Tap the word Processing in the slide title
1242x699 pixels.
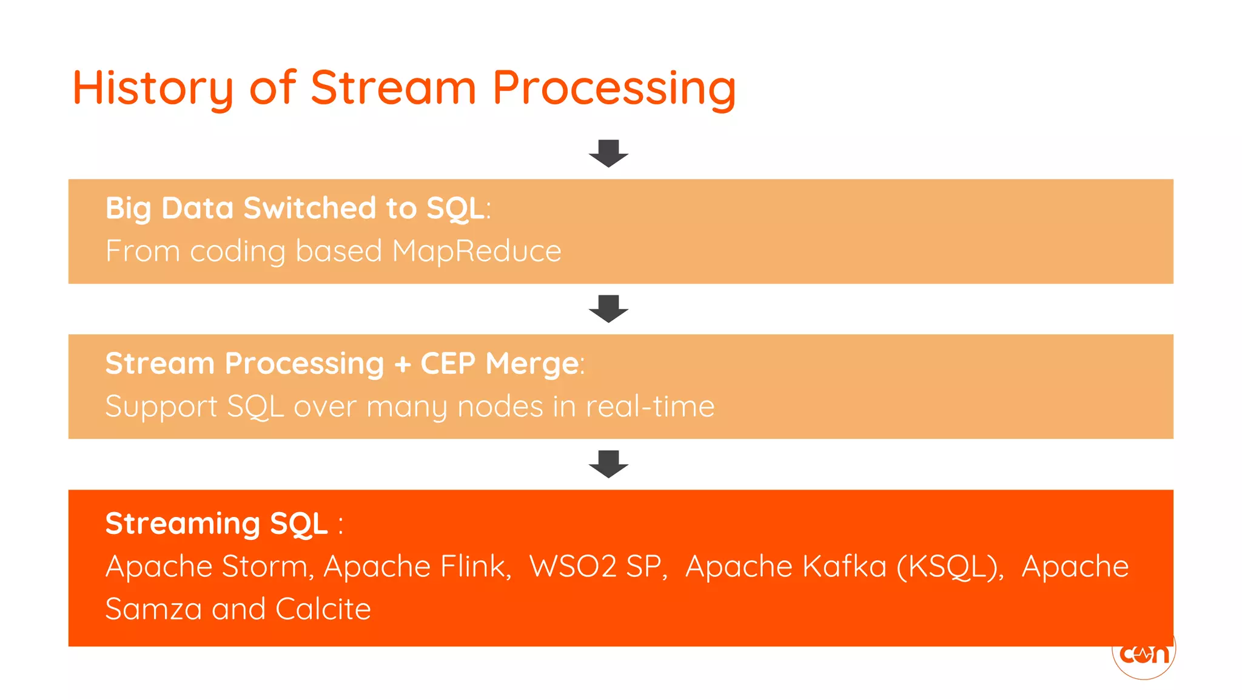click(614, 89)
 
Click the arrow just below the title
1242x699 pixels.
click(608, 153)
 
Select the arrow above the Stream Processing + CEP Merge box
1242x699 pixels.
click(608, 308)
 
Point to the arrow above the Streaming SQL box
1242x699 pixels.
click(608, 464)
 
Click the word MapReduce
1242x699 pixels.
click(477, 251)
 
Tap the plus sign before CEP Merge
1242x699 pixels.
click(402, 364)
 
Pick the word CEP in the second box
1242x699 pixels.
click(448, 363)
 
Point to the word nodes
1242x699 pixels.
click(500, 407)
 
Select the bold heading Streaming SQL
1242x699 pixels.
click(217, 523)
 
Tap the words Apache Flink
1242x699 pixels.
click(417, 567)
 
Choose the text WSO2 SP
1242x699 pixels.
click(597, 567)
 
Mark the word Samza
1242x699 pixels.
click(153, 609)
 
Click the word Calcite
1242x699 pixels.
click(323, 609)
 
